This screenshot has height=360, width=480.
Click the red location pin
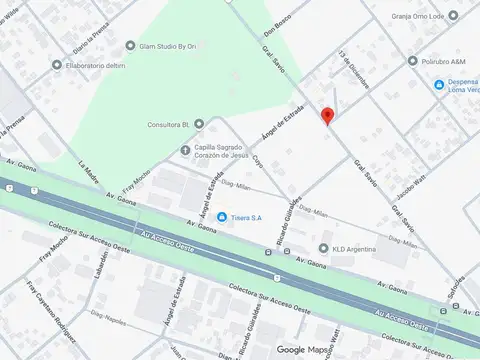tap(327, 115)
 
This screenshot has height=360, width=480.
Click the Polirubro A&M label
tap(445, 61)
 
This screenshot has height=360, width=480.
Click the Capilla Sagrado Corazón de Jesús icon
tap(184, 150)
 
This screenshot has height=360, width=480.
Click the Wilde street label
tap(12, 17)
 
